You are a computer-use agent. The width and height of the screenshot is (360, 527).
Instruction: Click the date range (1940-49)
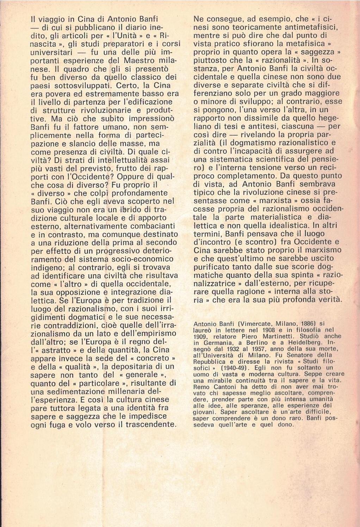[x=228, y=368]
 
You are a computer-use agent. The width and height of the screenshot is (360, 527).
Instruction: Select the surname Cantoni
[x=224, y=386]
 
